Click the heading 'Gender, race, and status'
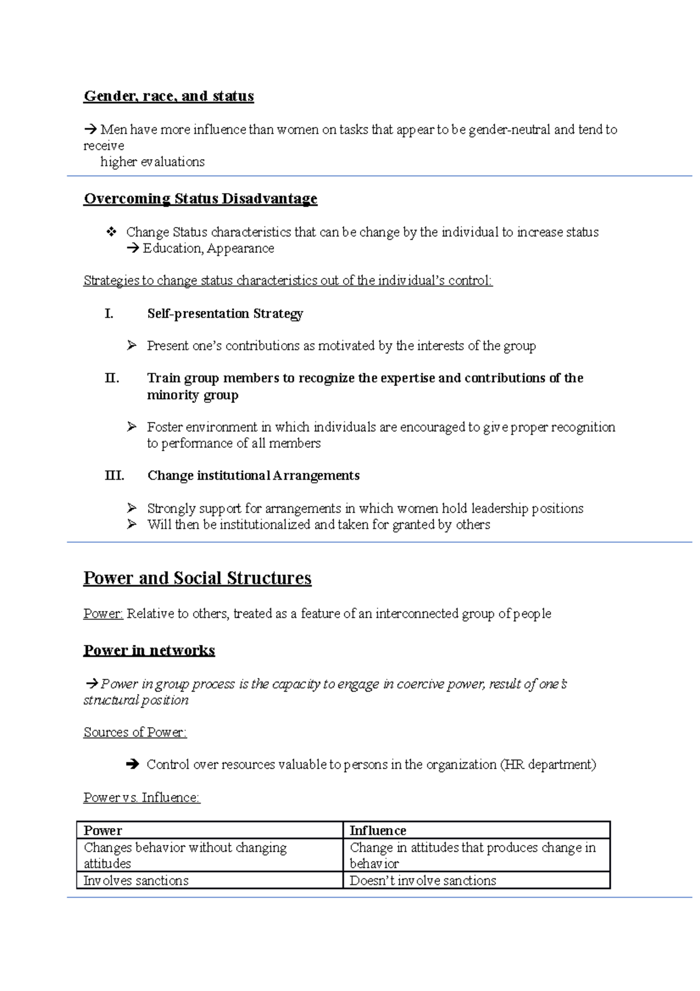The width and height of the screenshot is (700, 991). click(x=169, y=96)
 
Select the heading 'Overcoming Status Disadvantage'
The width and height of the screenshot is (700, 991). click(x=200, y=198)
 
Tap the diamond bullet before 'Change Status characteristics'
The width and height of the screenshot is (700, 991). click(x=111, y=232)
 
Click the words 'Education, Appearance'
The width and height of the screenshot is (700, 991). click(x=208, y=248)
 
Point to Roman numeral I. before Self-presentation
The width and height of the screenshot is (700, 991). click(x=108, y=313)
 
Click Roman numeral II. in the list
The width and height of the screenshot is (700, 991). click(x=111, y=378)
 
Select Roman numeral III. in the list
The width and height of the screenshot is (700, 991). click(x=114, y=475)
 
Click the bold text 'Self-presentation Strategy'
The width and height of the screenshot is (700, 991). click(x=225, y=313)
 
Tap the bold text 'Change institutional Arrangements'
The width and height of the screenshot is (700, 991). click(x=253, y=475)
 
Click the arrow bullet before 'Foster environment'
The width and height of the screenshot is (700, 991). click(x=132, y=427)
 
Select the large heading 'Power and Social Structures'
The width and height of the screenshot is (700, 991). click(x=197, y=578)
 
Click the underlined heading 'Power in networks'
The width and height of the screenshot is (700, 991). click(x=149, y=650)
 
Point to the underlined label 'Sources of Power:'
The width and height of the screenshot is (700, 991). click(x=135, y=732)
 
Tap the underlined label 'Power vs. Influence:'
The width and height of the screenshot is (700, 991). click(x=142, y=797)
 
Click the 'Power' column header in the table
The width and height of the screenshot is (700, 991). click(x=103, y=831)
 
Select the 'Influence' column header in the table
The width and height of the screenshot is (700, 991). click(x=377, y=831)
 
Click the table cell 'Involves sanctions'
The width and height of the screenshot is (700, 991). click(x=136, y=880)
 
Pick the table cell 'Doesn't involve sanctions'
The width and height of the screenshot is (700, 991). click(x=422, y=880)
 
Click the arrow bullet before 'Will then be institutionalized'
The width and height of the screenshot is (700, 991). click(x=132, y=524)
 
